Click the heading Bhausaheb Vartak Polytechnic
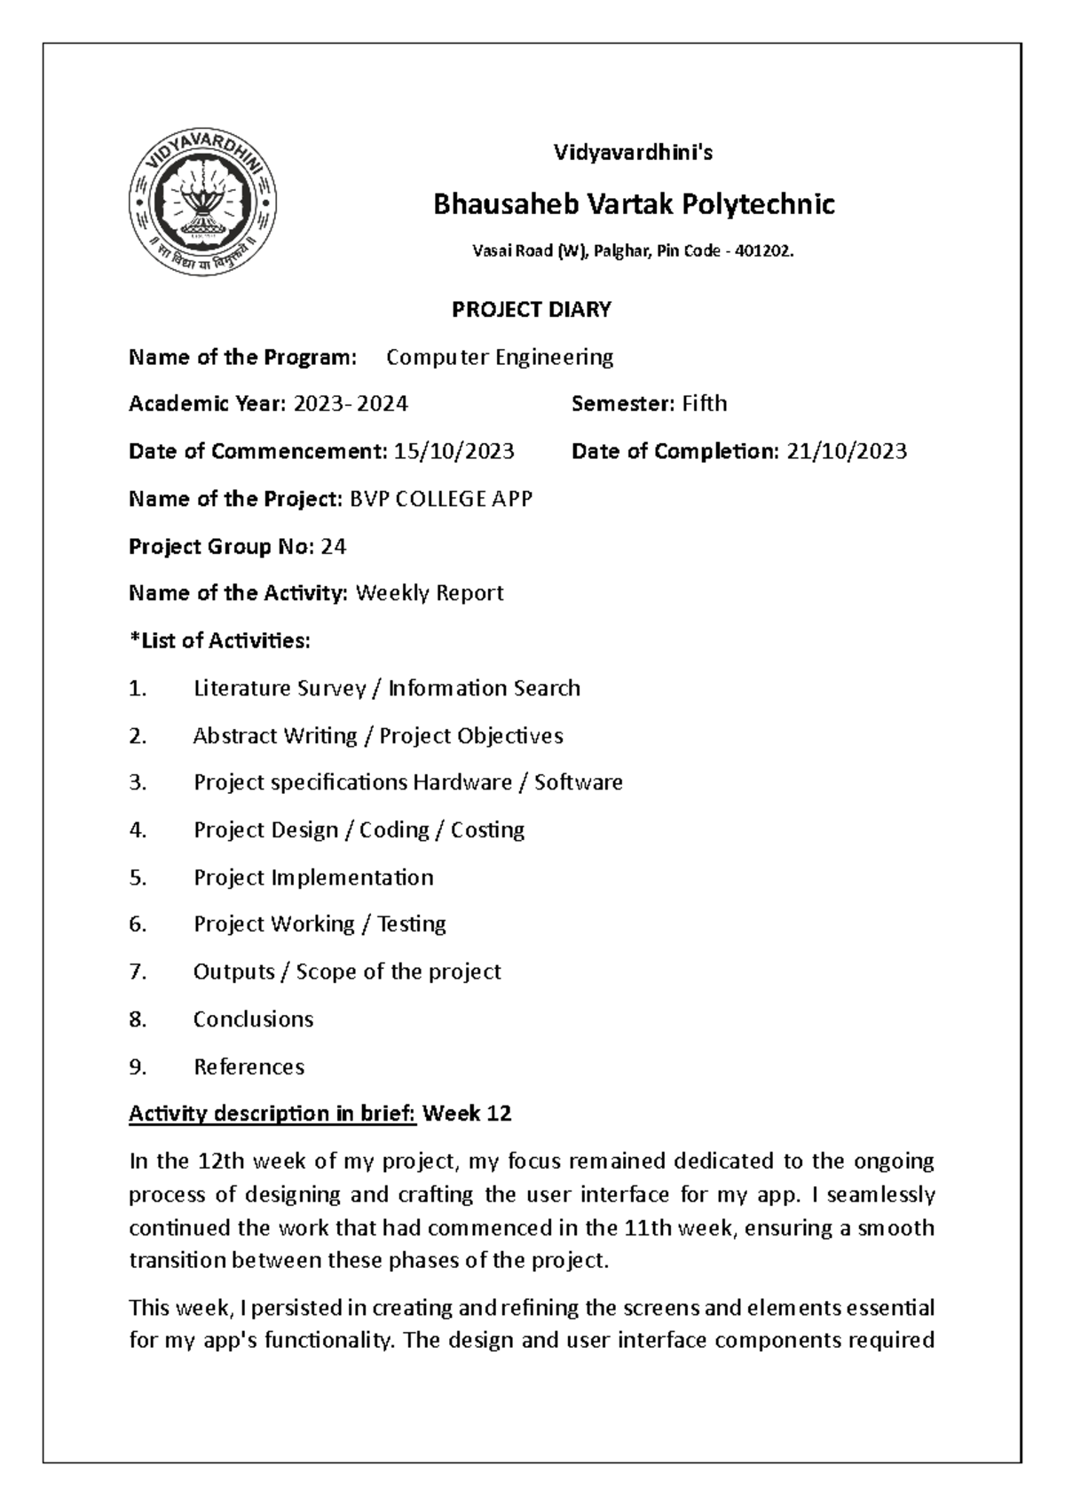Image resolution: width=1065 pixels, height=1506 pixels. (633, 205)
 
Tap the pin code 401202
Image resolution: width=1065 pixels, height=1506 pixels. (766, 252)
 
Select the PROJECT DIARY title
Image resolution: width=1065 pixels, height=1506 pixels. (532, 309)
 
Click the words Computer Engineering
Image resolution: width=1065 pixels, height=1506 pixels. (500, 357)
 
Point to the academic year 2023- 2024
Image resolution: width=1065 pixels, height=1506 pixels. (351, 404)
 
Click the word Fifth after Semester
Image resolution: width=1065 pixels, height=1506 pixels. (704, 404)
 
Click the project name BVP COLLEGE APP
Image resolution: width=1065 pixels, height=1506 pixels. (440, 499)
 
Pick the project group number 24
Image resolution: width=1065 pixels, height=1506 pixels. (334, 546)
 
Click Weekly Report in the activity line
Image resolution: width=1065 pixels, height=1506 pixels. (430, 593)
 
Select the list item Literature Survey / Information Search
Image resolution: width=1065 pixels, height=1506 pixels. (386, 688)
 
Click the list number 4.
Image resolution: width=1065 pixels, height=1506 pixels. (136, 830)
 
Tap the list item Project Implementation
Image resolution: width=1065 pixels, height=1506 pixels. (313, 877)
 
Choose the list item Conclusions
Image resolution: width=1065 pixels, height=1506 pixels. (253, 1019)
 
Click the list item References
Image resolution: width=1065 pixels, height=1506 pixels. (248, 1066)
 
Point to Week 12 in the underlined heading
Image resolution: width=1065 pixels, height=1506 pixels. (467, 1114)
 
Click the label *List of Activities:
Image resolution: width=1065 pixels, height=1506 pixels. (219, 640)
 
